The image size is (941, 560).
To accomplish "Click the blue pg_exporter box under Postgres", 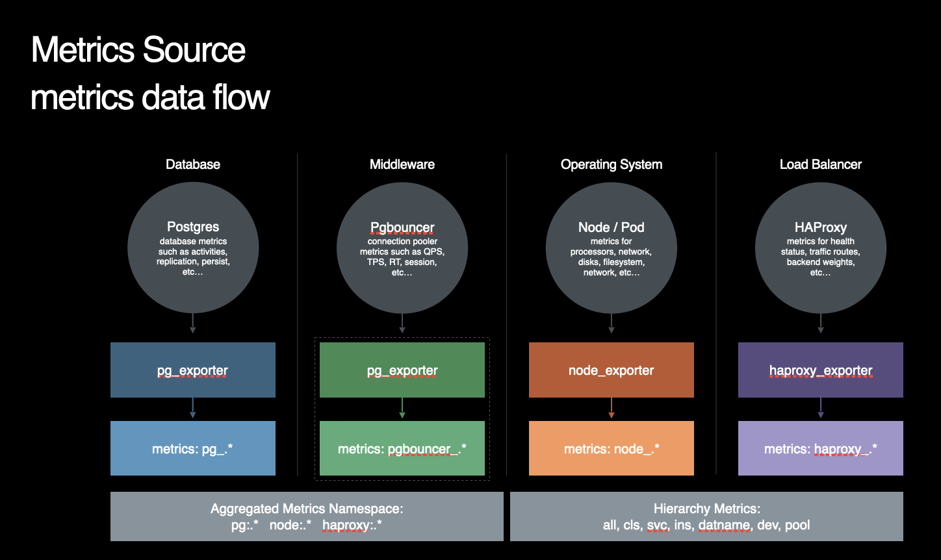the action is coord(193,370).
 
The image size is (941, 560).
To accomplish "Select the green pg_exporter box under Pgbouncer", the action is coord(402,370).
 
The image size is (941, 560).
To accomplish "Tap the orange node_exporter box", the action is coord(612,370).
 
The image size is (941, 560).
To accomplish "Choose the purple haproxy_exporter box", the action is coord(820,370).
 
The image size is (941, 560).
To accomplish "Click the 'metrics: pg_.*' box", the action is coord(193,448).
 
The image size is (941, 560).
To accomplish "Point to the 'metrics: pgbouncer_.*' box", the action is coord(402,448).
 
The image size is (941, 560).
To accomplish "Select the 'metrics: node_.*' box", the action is coord(612,448).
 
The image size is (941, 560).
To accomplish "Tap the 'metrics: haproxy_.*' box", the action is coord(820,448).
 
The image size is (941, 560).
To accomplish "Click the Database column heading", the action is coord(193,164).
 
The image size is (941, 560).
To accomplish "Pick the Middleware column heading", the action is coord(402,164).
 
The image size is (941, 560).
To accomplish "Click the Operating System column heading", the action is coord(612,164).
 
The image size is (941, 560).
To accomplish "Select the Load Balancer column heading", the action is coord(820,164).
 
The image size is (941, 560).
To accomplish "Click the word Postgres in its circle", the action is coord(193,227).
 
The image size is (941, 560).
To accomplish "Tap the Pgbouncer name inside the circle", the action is coord(402,227).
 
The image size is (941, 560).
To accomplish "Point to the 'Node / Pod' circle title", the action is coord(612,227).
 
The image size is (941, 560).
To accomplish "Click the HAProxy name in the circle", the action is coord(820,227).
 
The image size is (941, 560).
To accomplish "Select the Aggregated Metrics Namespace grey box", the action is coord(307,516).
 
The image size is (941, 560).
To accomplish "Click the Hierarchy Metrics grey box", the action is coord(706,516).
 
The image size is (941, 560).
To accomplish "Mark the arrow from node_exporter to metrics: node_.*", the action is coord(612,408).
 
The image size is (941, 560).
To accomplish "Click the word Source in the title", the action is coord(194,50).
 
